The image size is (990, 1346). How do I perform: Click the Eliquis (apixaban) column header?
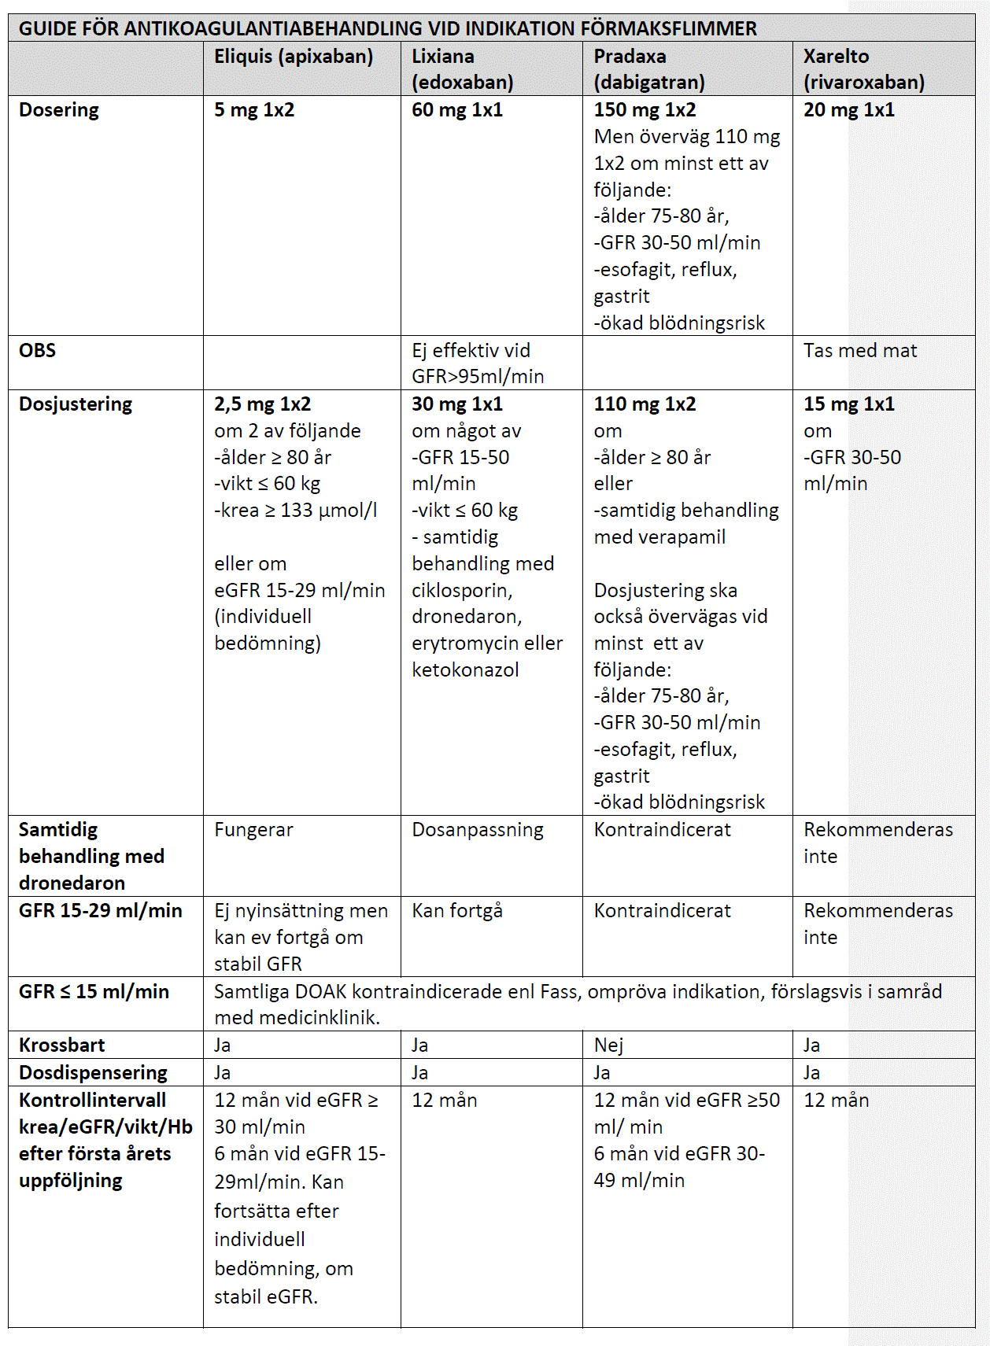294,57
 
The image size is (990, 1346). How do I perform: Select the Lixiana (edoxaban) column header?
462,69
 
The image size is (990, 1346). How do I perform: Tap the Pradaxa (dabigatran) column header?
648,69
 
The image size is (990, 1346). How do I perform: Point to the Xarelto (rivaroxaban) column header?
863,69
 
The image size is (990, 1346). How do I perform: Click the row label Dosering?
59,110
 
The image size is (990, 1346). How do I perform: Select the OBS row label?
37,350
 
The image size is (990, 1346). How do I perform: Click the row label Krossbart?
61,1045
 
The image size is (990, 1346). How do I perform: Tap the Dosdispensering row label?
93,1072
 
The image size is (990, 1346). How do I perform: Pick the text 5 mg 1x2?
254,110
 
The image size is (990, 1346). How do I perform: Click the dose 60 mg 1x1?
456,110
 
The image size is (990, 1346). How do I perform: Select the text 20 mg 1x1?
848,110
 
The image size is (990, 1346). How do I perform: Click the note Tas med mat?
859,350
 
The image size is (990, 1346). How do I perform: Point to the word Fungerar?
253,829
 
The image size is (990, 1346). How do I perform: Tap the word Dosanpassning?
477,829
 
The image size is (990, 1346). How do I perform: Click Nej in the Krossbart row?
608,1045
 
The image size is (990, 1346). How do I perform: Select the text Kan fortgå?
456,910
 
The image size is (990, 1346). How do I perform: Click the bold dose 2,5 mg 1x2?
262,404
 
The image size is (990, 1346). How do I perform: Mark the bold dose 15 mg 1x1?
848,404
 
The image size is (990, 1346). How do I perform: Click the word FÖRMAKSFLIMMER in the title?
668,29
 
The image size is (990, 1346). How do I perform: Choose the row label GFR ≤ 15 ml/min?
94,991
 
